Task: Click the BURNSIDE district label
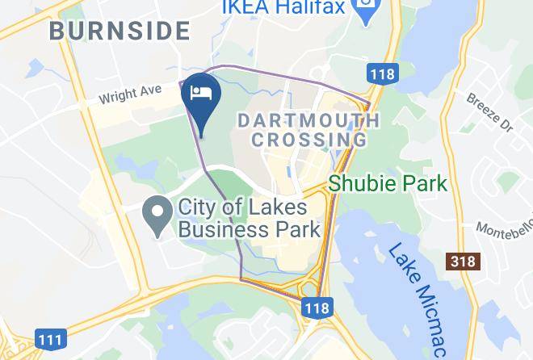[x=120, y=31]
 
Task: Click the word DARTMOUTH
[x=308, y=120]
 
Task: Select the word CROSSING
[x=308, y=140]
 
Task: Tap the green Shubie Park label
[x=387, y=183]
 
